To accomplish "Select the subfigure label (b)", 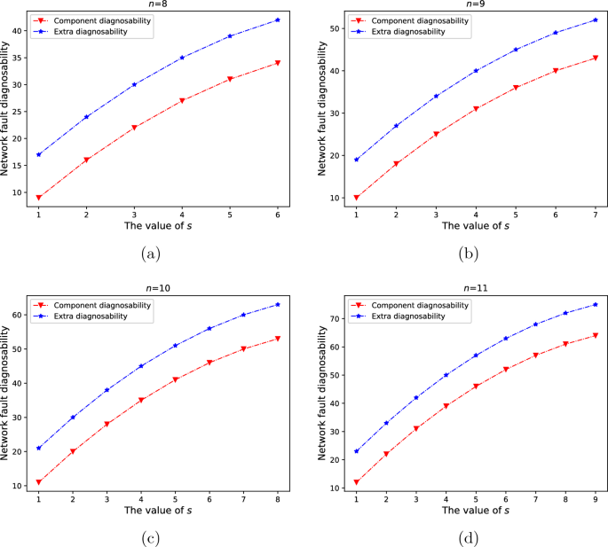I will click(x=464, y=254).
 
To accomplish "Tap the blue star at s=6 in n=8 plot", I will click(x=278, y=20).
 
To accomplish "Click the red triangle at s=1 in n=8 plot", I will click(x=39, y=197).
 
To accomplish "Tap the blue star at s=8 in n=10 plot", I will click(x=278, y=304).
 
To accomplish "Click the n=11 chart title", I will click(x=464, y=289).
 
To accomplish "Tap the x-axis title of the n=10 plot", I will click(x=158, y=512).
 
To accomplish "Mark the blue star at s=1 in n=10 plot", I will click(x=39, y=448).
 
